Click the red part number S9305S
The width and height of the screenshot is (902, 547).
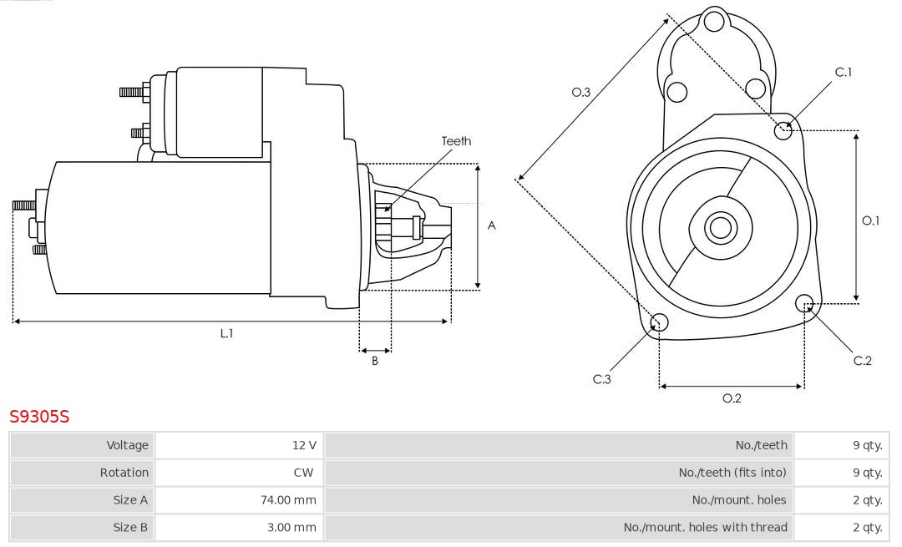coord(39,416)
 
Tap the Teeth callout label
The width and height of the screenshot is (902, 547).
coord(456,141)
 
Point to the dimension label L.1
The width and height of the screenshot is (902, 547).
coord(226,333)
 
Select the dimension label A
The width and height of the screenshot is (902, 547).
coord(491,225)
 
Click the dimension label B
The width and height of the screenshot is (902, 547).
coord(375,362)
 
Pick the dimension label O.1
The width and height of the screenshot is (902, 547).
coord(870,220)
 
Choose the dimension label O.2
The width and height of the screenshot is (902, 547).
coord(732,398)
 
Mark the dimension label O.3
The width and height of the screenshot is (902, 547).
coord(581,93)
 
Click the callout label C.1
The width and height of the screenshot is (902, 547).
coord(844,73)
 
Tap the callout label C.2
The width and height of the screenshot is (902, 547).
coord(862,361)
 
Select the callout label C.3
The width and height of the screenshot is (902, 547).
coord(602,379)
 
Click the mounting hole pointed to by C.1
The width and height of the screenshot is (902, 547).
coord(783,130)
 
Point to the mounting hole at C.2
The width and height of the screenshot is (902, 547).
coord(805,302)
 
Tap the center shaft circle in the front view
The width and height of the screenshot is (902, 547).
coord(719,227)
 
